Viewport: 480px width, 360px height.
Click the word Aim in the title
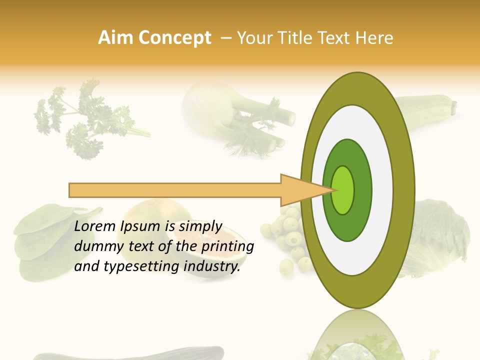115,38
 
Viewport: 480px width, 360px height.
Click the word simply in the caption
200,227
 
